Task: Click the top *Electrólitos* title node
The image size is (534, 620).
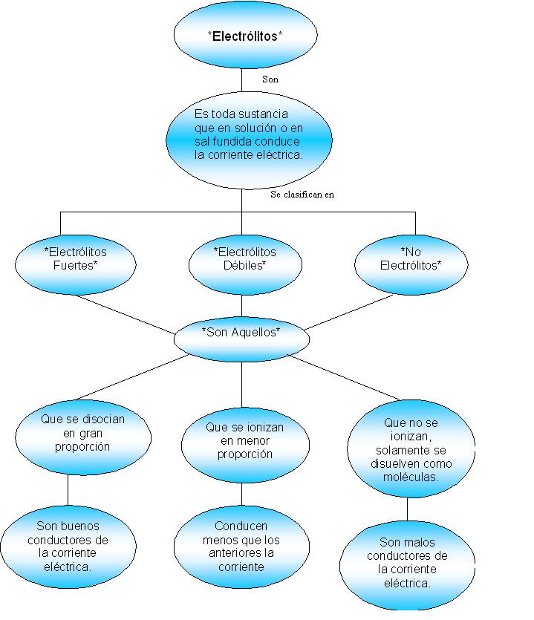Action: click(245, 34)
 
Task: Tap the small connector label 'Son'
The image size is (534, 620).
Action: click(271, 78)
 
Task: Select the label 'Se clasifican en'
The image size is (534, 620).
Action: click(303, 195)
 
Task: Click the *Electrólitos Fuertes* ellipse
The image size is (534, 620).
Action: click(76, 260)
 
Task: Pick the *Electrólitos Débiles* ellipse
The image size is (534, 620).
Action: click(244, 260)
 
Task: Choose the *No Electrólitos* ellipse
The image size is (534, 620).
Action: click(410, 260)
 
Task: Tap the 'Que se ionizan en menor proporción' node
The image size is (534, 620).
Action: click(244, 442)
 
